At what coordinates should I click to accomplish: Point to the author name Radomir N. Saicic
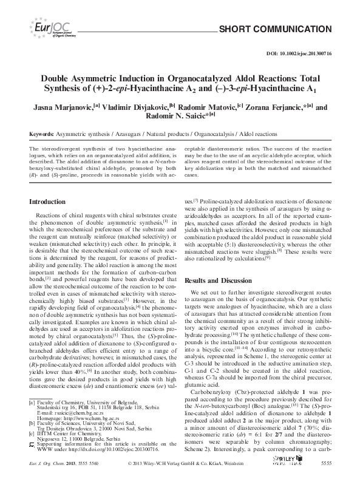181,118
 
